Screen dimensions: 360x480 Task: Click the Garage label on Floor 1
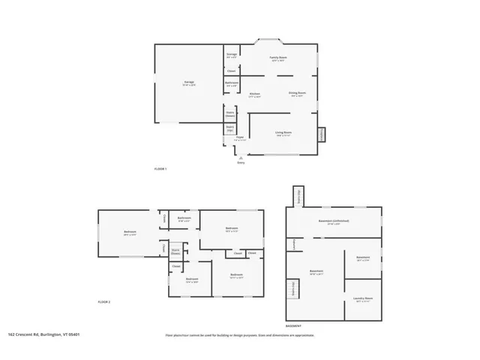click(x=189, y=82)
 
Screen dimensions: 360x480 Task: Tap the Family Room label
click(x=278, y=58)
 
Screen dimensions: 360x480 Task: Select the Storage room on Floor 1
click(x=232, y=55)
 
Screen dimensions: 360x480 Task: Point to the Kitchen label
click(x=255, y=94)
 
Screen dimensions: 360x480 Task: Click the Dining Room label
click(x=297, y=94)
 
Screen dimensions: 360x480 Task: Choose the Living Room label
click(x=283, y=133)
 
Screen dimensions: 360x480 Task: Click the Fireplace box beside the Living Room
click(x=322, y=133)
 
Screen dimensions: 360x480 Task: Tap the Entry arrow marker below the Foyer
click(x=241, y=156)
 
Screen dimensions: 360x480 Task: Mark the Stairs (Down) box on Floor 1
click(x=230, y=115)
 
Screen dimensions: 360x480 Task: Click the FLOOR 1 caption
click(x=160, y=169)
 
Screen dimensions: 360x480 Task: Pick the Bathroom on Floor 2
click(x=184, y=218)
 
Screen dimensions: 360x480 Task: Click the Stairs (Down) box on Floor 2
click(x=175, y=252)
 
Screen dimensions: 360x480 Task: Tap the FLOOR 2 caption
click(x=104, y=301)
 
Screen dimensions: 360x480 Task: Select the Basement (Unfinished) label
click(x=334, y=222)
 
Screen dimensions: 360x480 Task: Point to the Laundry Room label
click(x=363, y=298)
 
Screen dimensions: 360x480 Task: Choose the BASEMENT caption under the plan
click(x=294, y=327)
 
